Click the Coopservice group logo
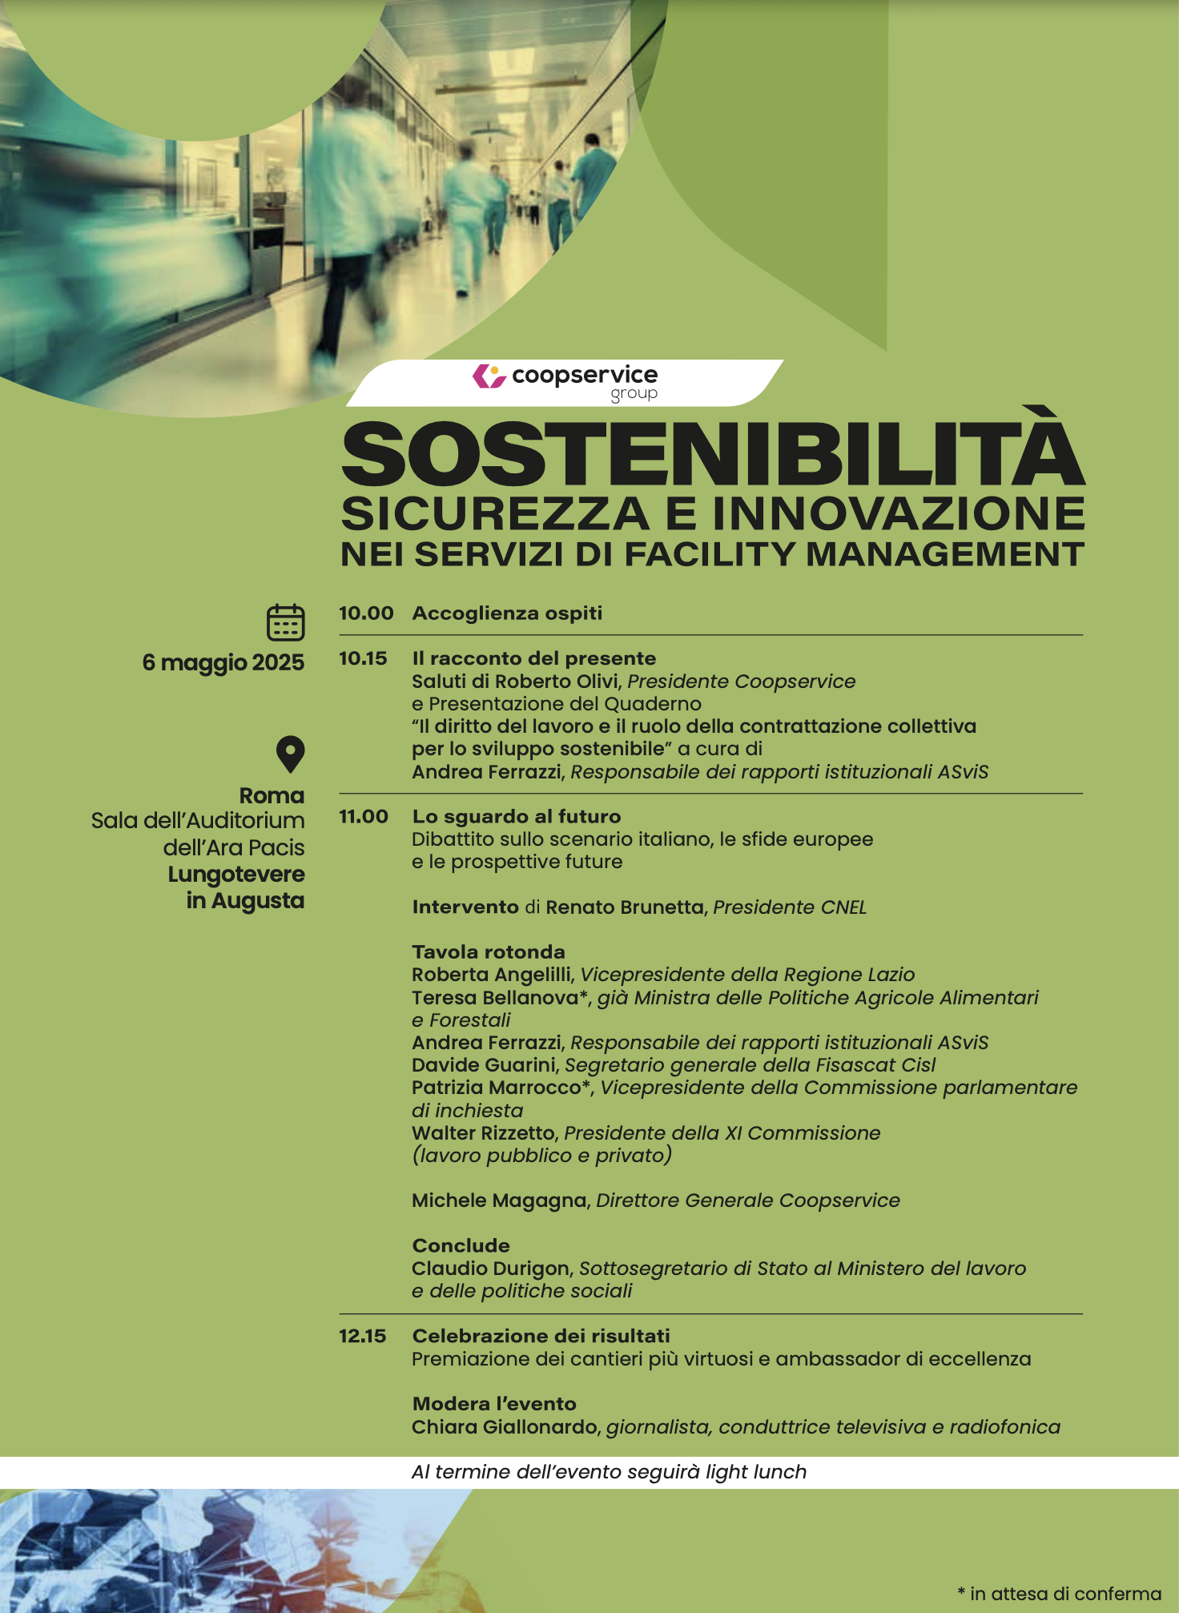click(565, 381)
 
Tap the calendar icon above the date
click(285, 622)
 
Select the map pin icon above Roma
click(290, 754)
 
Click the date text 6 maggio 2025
click(223, 662)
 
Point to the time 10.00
click(366, 613)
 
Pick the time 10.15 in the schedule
click(363, 658)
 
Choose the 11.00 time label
click(364, 817)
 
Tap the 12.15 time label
click(362, 1336)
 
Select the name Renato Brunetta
click(624, 907)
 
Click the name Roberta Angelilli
click(492, 975)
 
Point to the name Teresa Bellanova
click(495, 998)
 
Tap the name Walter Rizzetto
click(483, 1133)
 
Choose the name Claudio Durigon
click(491, 1269)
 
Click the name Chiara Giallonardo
click(505, 1427)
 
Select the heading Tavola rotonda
click(489, 952)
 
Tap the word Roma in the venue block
click(272, 796)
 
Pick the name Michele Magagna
click(499, 1201)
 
